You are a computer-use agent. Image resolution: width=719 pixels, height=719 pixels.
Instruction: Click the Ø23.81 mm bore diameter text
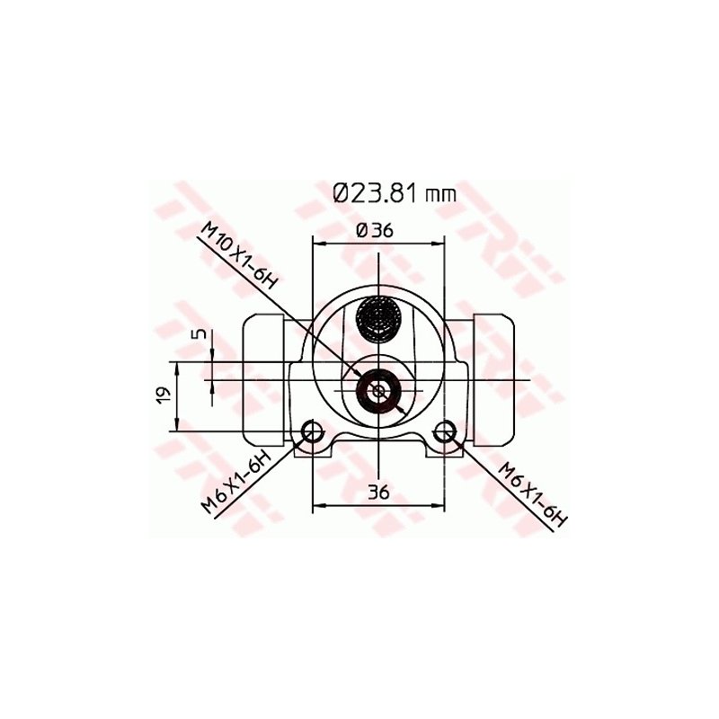tap(395, 193)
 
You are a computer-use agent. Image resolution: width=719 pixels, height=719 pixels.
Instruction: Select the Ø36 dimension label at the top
tap(375, 230)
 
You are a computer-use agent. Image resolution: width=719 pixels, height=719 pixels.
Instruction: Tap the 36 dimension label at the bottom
tap(378, 492)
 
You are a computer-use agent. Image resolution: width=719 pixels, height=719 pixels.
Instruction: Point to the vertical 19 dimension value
tap(164, 395)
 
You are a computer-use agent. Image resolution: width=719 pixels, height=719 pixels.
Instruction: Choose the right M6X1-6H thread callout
tap(534, 495)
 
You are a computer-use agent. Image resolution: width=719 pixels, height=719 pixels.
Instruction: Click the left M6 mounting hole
tap(312, 431)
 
